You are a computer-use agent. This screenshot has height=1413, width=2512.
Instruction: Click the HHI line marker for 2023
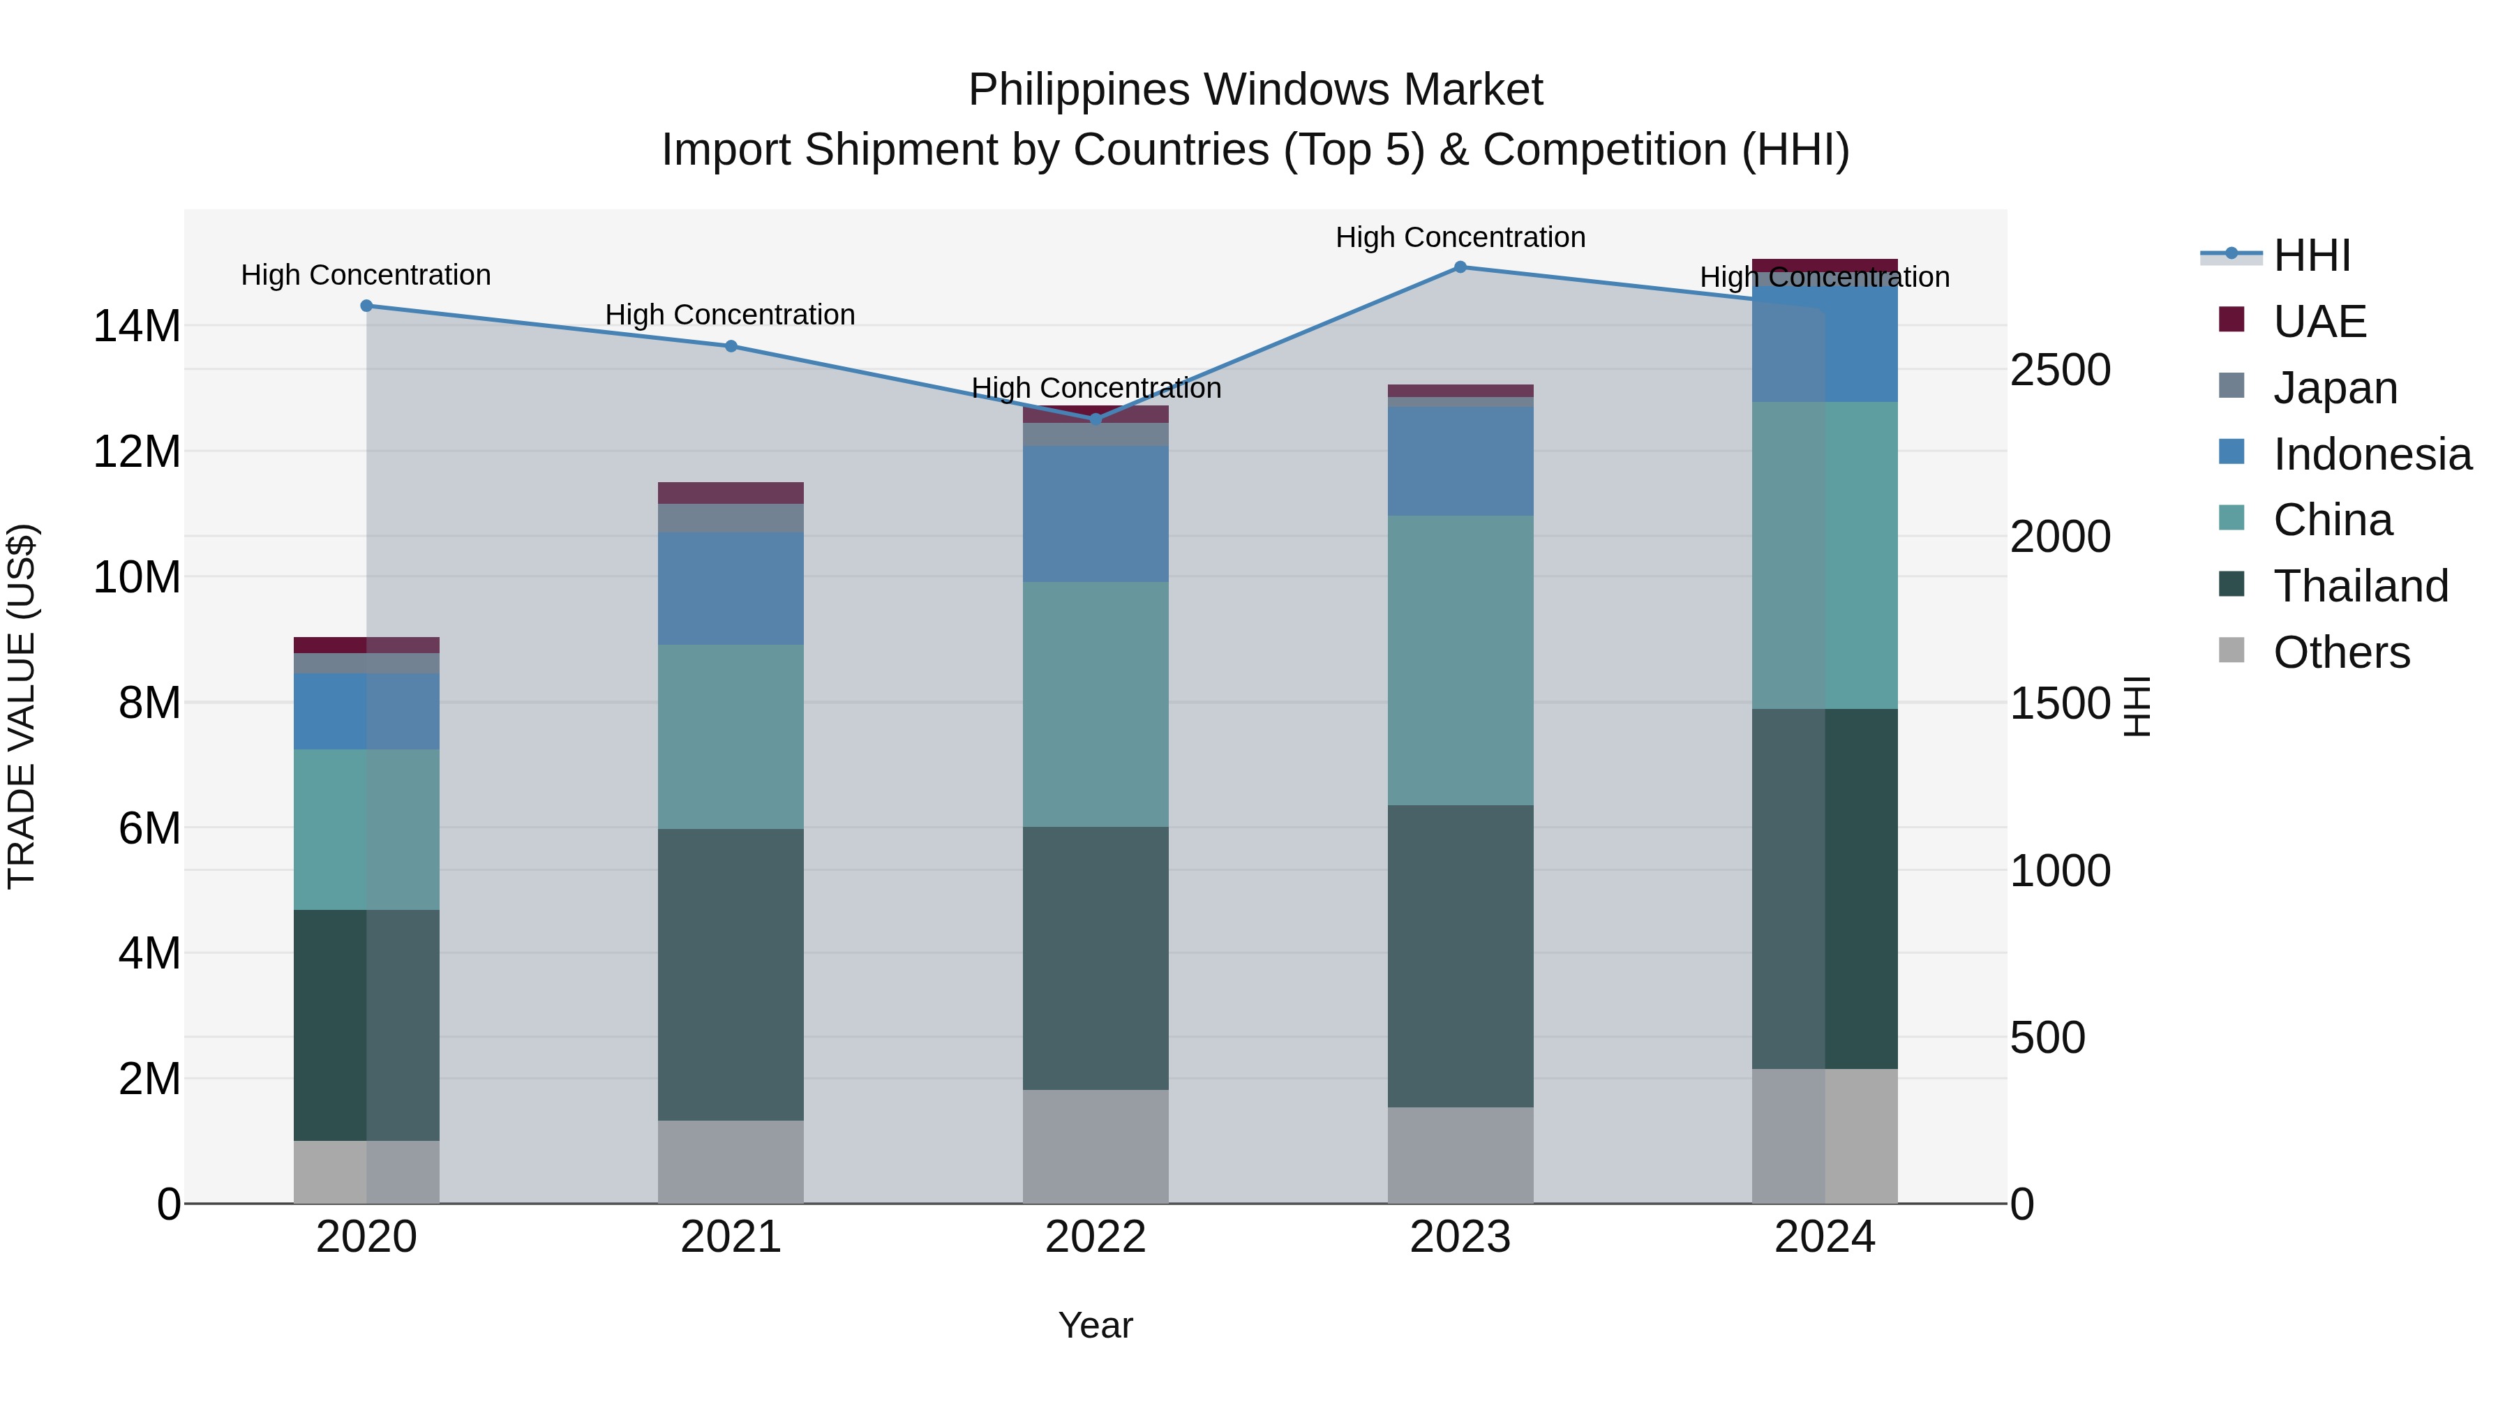(1460, 267)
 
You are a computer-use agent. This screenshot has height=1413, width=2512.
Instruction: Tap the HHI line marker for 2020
(366, 306)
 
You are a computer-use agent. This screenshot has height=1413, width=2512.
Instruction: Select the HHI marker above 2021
(731, 346)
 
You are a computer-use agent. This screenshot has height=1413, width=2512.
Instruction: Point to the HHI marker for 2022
(1095, 419)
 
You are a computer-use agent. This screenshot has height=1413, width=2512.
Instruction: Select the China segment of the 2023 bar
(1460, 660)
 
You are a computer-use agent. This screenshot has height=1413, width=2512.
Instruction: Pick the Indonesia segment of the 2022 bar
(1095, 514)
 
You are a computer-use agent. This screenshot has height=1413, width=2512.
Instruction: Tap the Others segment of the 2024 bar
(1825, 1136)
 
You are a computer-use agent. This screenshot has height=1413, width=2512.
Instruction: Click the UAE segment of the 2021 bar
(731, 493)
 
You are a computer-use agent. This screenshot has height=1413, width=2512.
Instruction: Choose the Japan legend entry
(2335, 388)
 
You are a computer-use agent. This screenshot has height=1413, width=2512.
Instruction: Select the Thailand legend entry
(2360, 586)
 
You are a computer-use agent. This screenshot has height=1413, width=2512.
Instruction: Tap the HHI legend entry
(2311, 255)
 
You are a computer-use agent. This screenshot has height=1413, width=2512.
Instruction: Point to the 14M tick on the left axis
(137, 326)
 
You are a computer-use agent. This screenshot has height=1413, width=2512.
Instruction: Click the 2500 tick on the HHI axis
(2061, 371)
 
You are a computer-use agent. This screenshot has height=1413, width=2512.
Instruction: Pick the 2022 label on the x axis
(1095, 1237)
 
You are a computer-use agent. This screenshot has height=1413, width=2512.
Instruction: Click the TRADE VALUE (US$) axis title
(22, 706)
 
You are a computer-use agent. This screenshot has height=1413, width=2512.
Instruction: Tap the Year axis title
(1095, 1325)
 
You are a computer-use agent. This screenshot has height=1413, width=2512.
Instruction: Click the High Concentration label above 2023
(1460, 237)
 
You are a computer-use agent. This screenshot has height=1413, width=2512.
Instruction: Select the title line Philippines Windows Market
(1255, 90)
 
